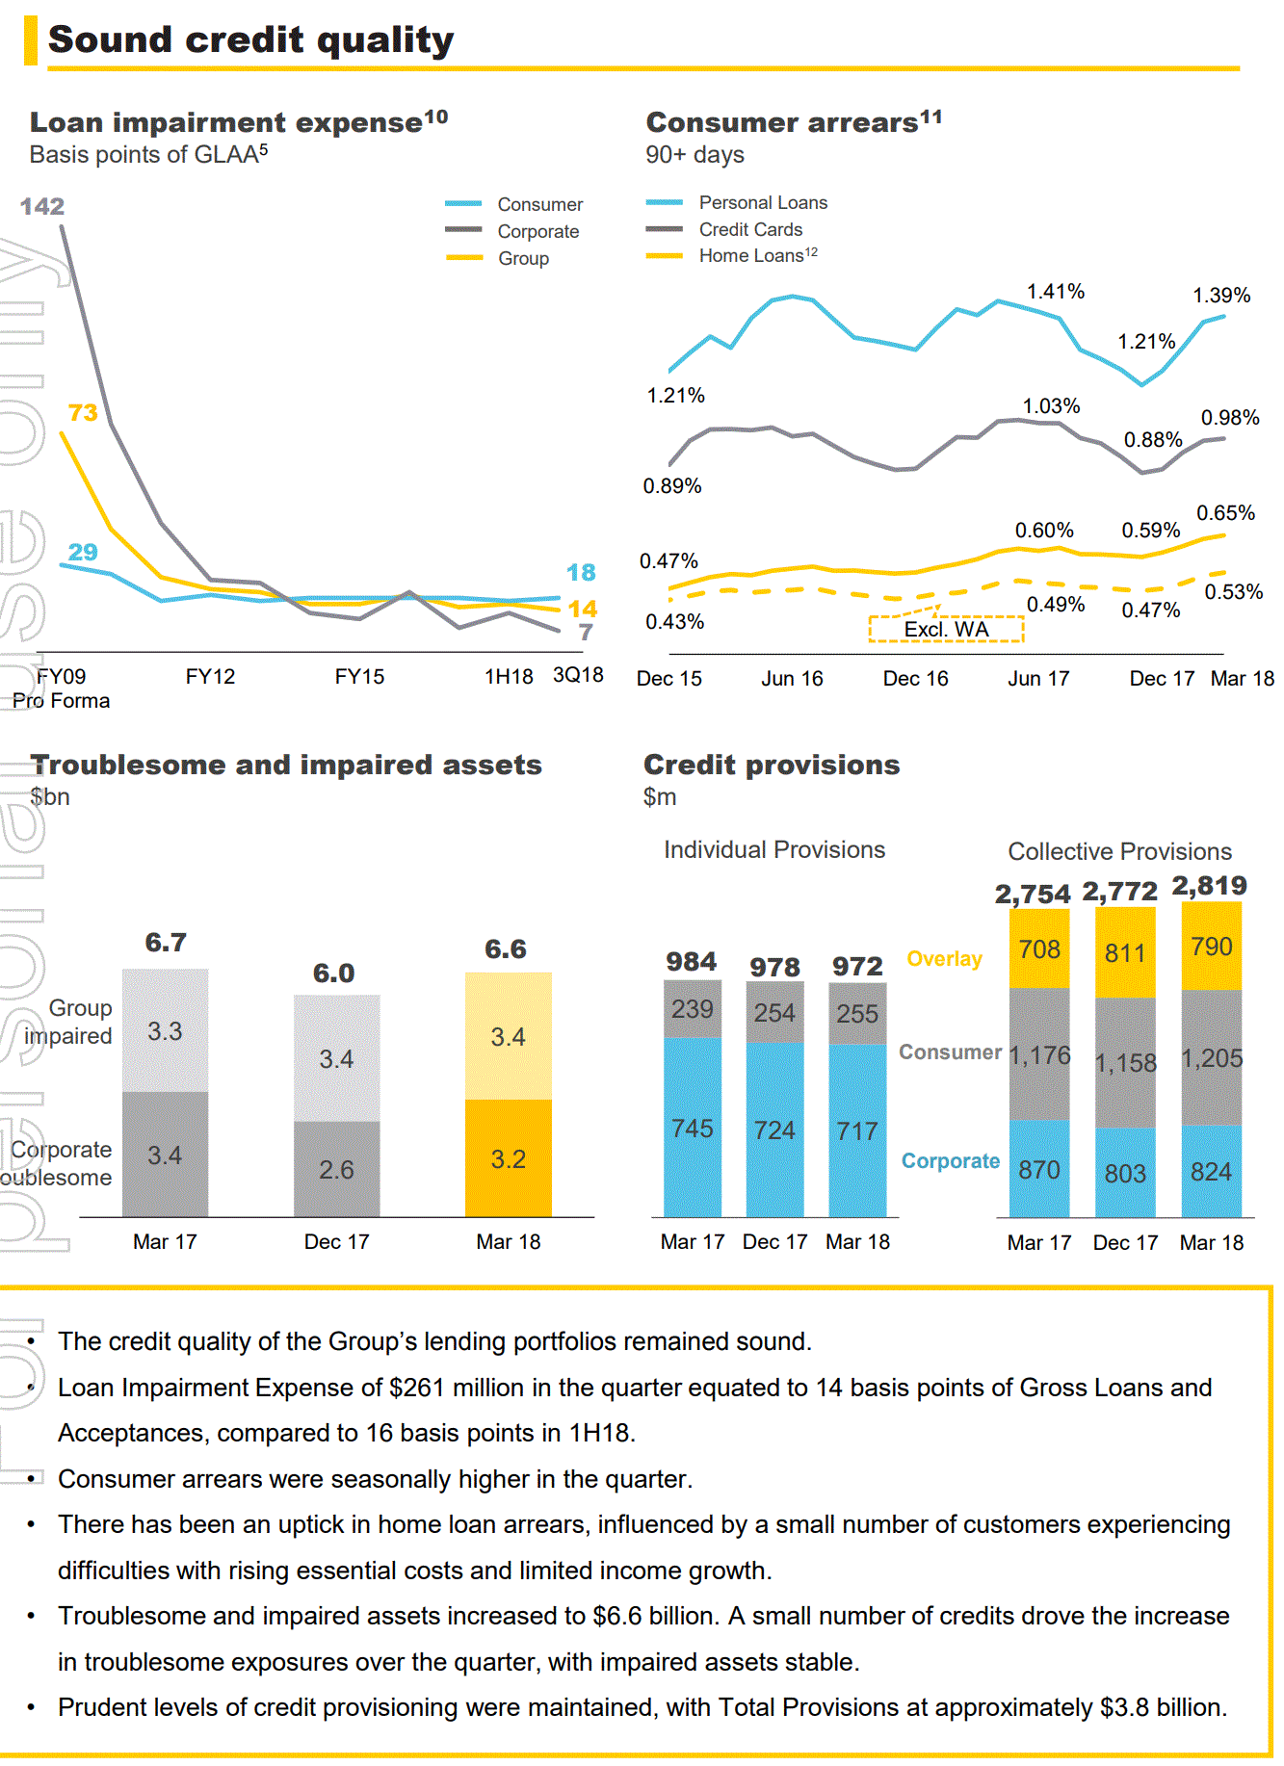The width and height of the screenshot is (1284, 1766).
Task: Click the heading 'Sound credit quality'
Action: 250,40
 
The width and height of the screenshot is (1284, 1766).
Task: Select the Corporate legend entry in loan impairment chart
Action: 537,232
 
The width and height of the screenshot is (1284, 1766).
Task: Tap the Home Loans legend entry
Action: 757,256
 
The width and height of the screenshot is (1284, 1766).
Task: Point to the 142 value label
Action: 42,207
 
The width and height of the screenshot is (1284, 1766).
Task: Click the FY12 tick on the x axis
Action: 210,677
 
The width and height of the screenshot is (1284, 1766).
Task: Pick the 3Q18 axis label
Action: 578,676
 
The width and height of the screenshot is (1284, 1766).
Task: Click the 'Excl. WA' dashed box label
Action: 946,630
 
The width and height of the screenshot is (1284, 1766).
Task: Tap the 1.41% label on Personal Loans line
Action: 1056,292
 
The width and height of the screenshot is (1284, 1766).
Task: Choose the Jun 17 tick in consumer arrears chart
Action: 1038,679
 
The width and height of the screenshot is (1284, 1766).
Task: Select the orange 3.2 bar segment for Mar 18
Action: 509,1158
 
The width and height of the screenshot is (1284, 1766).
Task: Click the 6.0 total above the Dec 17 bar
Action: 333,974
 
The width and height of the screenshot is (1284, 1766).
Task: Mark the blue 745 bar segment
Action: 693,1128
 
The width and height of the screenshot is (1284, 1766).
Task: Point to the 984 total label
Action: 692,962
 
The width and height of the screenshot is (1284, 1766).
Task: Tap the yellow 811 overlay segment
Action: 1125,953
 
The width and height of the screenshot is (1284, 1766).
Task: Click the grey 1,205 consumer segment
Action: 1212,1058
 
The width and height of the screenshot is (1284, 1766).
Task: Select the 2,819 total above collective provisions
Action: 1210,886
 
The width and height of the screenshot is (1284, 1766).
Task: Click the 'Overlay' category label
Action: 944,959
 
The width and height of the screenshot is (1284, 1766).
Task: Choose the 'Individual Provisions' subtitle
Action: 774,850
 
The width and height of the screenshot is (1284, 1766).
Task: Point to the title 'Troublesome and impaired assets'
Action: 286,766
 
